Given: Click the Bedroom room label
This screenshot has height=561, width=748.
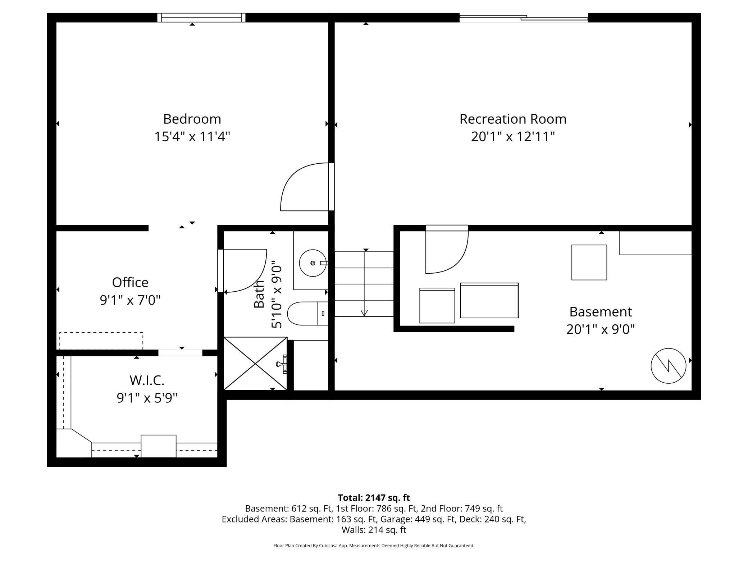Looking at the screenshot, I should (x=192, y=119).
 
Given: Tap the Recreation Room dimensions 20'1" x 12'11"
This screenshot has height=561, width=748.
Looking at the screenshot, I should (x=513, y=137).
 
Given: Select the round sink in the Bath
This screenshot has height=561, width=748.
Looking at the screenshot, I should (x=313, y=263).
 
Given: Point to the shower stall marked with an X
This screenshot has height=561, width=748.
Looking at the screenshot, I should (x=255, y=364).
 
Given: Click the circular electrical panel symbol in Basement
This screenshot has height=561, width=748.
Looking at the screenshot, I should (x=668, y=366).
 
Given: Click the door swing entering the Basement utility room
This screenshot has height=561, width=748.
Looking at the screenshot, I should (x=446, y=252).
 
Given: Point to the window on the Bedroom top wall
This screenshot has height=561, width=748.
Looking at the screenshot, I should (x=201, y=18).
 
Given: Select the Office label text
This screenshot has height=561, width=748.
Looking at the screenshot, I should (x=130, y=283).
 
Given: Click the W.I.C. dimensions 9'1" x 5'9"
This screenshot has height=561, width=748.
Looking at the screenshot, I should (x=147, y=398).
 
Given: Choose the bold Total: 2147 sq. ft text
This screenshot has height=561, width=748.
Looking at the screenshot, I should (x=374, y=498).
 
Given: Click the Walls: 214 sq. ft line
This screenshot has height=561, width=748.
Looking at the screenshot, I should (x=374, y=530).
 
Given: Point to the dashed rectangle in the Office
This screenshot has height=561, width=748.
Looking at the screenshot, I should (x=101, y=341).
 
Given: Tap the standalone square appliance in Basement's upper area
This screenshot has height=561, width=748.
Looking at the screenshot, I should (x=589, y=263).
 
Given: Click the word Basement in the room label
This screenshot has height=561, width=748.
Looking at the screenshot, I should (x=600, y=312).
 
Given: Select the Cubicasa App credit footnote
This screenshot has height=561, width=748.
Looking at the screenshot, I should (x=374, y=546).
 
